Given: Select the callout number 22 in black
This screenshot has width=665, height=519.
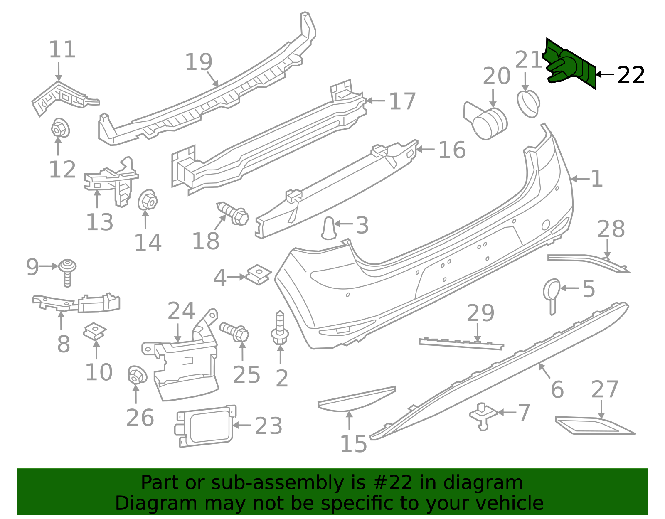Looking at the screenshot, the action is pyautogui.click(x=631, y=75).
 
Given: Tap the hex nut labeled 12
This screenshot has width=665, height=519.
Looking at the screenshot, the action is pyautogui.click(x=60, y=128).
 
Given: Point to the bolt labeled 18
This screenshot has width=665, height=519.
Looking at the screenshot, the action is pyautogui.click(x=233, y=214).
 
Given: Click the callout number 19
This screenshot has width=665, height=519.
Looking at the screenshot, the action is pyautogui.click(x=199, y=62).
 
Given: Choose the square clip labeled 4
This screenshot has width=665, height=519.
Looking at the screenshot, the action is pyautogui.click(x=259, y=275).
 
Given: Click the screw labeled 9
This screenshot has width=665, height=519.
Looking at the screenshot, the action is pyautogui.click(x=67, y=273).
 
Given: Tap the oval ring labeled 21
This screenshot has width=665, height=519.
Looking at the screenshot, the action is pyautogui.click(x=528, y=104).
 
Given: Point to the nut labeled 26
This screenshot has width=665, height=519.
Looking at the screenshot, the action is pyautogui.click(x=137, y=375).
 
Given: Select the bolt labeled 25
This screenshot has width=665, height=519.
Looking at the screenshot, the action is pyautogui.click(x=234, y=332).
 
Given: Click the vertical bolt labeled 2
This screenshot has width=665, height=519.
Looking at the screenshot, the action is pyautogui.click(x=280, y=328).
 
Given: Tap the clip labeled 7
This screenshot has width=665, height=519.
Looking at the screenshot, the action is pyautogui.click(x=483, y=416).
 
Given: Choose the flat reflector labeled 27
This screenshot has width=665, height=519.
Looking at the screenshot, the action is pyautogui.click(x=595, y=426).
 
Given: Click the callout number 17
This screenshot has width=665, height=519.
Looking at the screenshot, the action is pyautogui.click(x=402, y=101).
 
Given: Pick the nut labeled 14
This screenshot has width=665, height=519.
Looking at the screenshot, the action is pyautogui.click(x=148, y=200).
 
